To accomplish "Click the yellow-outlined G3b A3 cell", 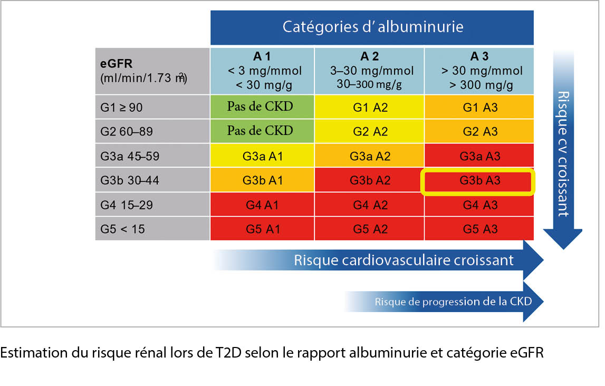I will coord(479,180).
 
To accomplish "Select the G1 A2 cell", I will coord(369,107).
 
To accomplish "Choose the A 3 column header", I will coord(479,70).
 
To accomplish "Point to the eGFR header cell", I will coord(152,70).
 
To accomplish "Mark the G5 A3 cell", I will coord(479,229).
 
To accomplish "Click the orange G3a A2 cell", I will coord(369,156).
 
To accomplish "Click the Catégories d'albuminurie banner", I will coord(372,27).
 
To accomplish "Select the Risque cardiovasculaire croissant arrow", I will coord(404,260).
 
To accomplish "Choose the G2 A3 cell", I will coord(479,131).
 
